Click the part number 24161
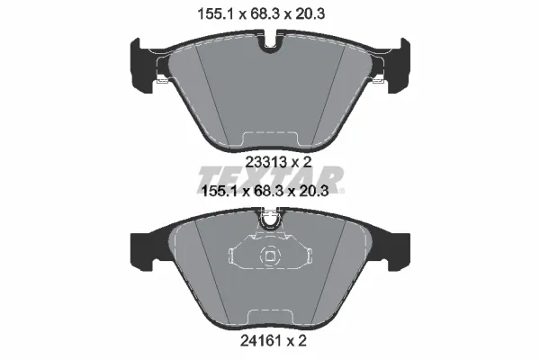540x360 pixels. [260, 341]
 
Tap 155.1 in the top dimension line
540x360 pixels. [216, 14]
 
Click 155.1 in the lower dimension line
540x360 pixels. [220, 191]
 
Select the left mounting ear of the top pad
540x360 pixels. [141, 66]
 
